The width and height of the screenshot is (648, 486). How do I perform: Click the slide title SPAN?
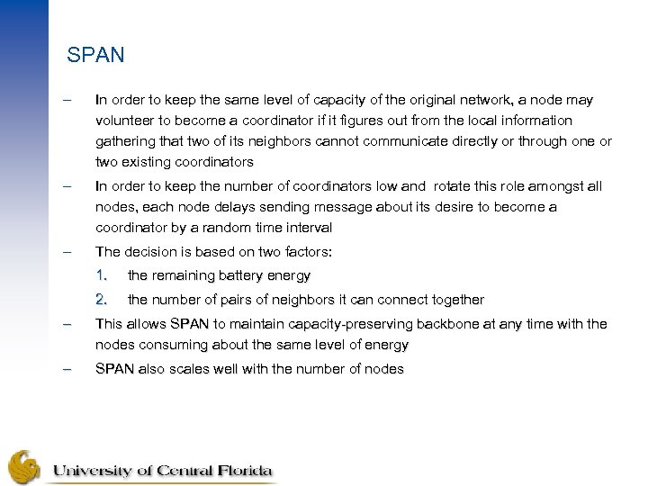(95, 56)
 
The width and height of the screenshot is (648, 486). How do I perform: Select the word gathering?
(125, 141)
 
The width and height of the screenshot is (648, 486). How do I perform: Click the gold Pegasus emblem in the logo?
(25, 465)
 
